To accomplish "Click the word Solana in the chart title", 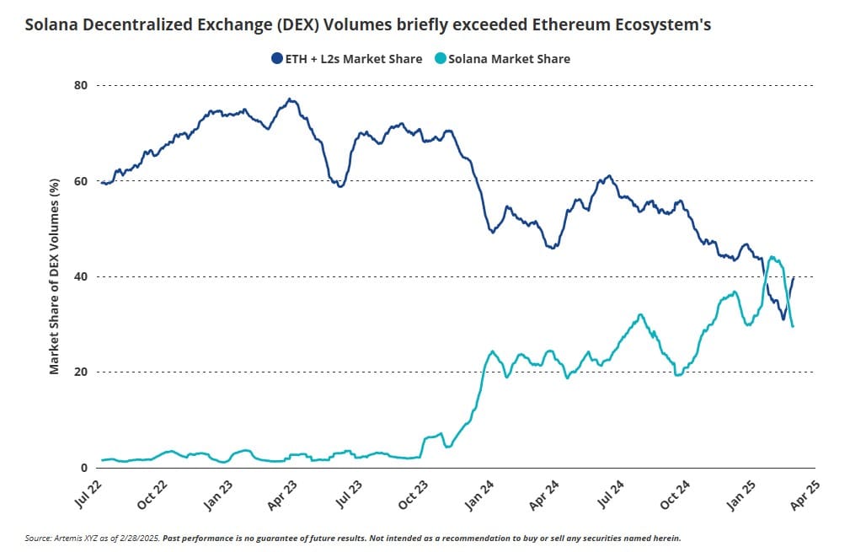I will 51,24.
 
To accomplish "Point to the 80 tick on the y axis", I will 81,85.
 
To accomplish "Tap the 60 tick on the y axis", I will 81,180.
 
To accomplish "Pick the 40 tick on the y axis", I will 81,276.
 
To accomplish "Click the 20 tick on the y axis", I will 81,372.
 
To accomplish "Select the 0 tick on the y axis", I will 84,468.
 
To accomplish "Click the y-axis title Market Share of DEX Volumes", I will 54,276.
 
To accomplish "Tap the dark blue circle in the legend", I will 276,58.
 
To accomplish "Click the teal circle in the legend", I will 439,58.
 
